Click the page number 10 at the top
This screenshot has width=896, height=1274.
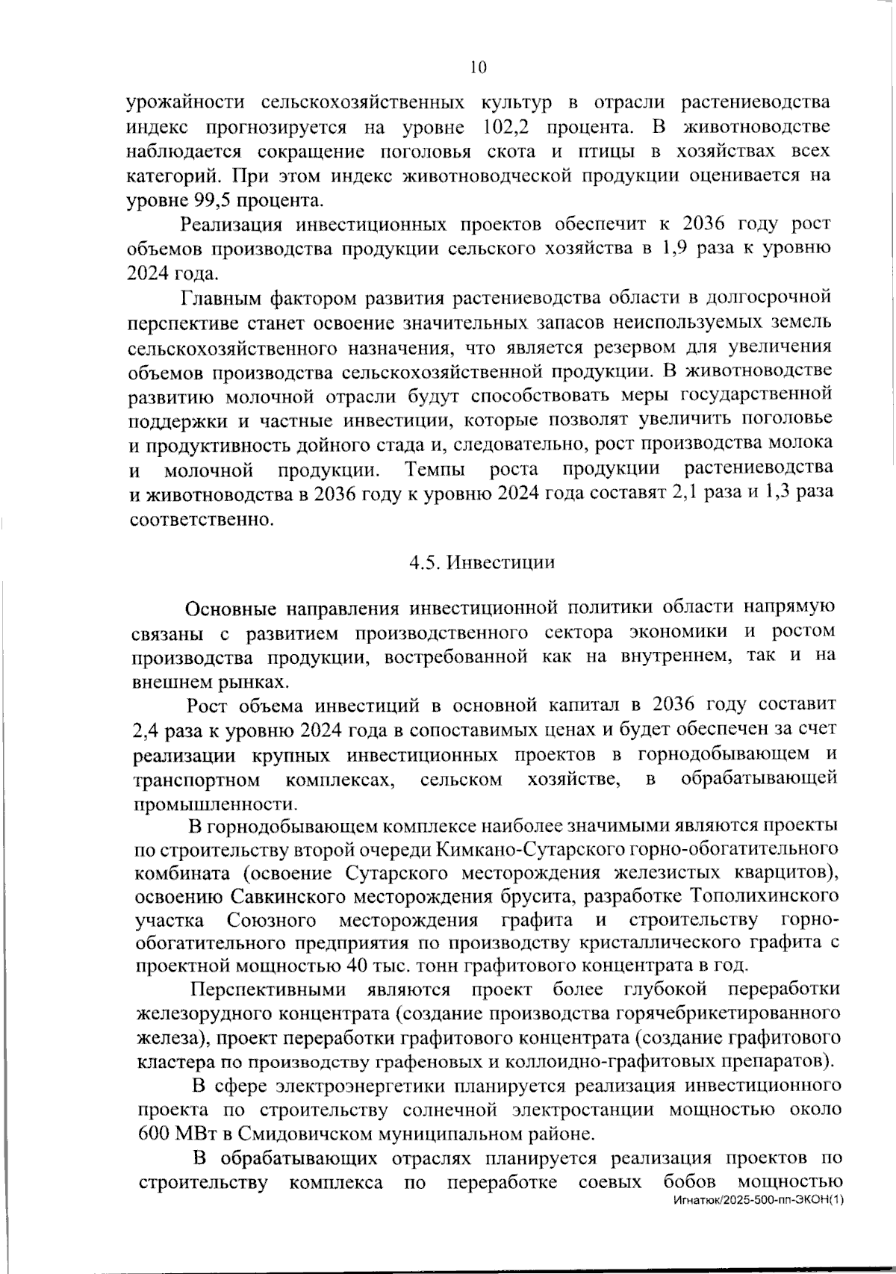(478, 68)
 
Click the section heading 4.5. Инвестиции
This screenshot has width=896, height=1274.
(482, 562)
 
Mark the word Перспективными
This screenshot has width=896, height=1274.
(268, 990)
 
